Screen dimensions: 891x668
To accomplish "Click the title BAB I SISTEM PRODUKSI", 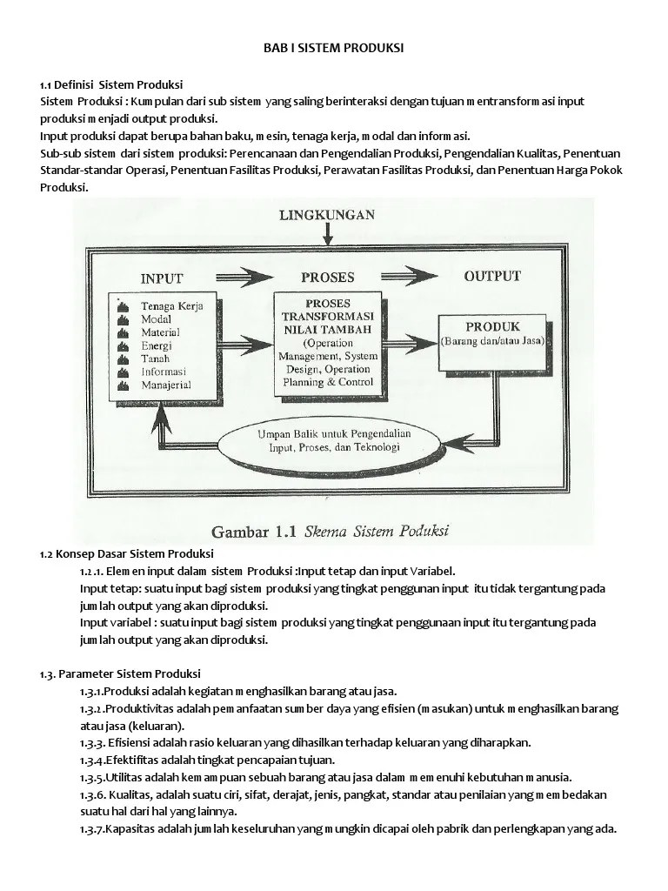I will (334, 49).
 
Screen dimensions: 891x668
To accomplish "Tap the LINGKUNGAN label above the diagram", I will (327, 214).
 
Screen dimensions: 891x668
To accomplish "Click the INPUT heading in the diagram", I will (162, 278).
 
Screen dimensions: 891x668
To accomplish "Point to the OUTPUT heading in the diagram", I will (492, 277).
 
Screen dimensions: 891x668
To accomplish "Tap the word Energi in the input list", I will (156, 345).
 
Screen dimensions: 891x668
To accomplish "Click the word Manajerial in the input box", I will (166, 384).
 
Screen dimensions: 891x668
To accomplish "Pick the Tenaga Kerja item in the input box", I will (171, 306).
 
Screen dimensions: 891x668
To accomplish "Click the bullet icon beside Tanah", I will (124, 358).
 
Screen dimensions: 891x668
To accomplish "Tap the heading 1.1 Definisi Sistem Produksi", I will (110, 84).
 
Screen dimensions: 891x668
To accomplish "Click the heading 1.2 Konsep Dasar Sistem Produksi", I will (126, 553).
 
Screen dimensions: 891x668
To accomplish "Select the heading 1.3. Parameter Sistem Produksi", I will (120, 673).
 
